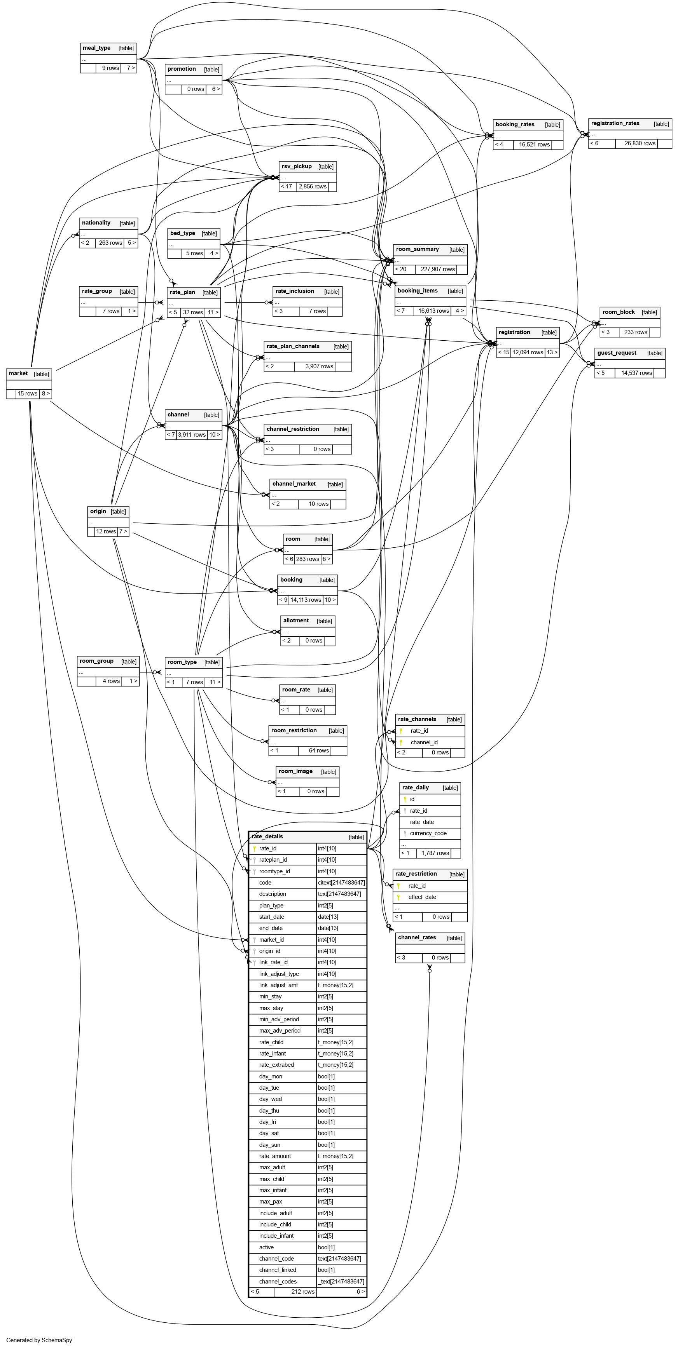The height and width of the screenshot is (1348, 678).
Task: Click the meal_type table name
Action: tap(97, 48)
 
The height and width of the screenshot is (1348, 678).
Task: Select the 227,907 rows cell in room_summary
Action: tap(438, 270)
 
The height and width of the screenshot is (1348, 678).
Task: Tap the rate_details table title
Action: tap(267, 837)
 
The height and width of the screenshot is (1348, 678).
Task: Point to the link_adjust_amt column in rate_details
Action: tap(278, 985)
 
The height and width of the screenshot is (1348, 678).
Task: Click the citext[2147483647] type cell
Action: tap(341, 883)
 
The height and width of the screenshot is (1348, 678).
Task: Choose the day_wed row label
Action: tap(270, 1099)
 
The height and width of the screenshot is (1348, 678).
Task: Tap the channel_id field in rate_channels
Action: tap(424, 742)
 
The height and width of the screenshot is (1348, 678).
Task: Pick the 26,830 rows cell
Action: tap(640, 143)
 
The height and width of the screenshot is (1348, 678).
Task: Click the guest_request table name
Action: tap(617, 353)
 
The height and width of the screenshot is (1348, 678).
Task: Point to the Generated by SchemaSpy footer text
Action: tap(39, 1340)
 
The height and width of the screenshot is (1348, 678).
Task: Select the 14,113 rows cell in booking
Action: tap(306, 600)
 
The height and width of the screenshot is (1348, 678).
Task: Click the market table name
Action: tap(18, 374)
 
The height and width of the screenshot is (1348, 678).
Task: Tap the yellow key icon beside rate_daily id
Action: tap(405, 799)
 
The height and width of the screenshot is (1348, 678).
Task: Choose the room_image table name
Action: tap(295, 772)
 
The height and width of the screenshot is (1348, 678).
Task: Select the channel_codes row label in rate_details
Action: tap(278, 1282)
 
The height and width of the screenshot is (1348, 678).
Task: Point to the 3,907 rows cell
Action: tap(319, 366)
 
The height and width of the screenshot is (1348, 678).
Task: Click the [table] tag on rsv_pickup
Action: tap(326, 167)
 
